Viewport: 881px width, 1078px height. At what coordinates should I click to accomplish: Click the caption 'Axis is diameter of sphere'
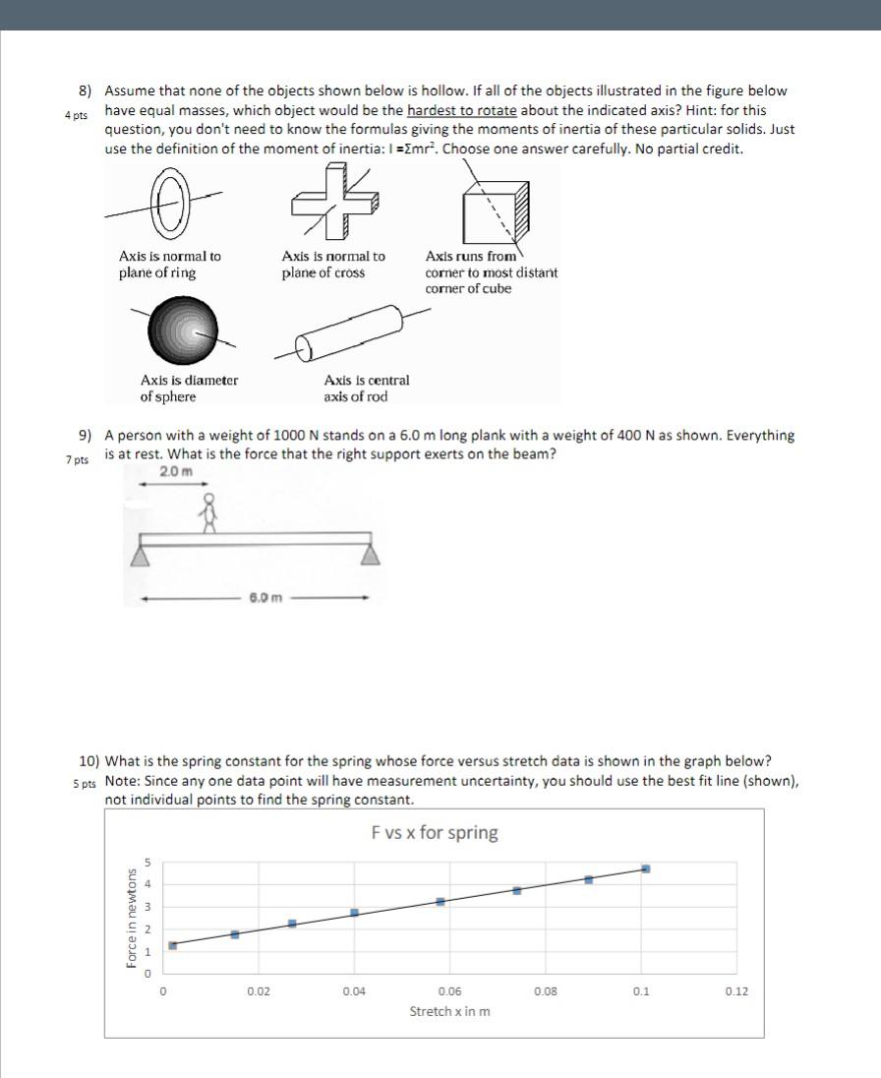pyautogui.click(x=189, y=388)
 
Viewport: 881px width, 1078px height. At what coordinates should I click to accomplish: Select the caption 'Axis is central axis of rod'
pyautogui.click(x=366, y=388)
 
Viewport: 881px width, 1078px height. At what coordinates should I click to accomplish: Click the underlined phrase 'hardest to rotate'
pyautogui.click(x=461, y=109)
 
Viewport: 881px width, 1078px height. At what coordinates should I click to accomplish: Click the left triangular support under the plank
pyautogui.click(x=142, y=557)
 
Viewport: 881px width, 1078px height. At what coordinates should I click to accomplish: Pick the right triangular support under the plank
pyautogui.click(x=371, y=557)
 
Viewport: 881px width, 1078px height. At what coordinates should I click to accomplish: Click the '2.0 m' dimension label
pyautogui.click(x=175, y=471)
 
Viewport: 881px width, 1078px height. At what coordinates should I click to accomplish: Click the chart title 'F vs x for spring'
pyautogui.click(x=435, y=833)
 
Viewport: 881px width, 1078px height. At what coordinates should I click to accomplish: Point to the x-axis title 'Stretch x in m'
pyautogui.click(x=450, y=1011)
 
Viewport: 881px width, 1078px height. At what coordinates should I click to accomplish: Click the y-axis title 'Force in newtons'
pyautogui.click(x=133, y=917)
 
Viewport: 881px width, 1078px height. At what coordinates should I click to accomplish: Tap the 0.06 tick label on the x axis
pyautogui.click(x=449, y=991)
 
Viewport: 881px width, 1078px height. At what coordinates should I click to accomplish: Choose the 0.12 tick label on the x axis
pyautogui.click(x=736, y=991)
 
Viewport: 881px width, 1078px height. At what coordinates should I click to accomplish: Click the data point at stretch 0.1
pyautogui.click(x=645, y=868)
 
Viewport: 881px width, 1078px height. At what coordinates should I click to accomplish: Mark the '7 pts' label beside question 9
pyautogui.click(x=77, y=460)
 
